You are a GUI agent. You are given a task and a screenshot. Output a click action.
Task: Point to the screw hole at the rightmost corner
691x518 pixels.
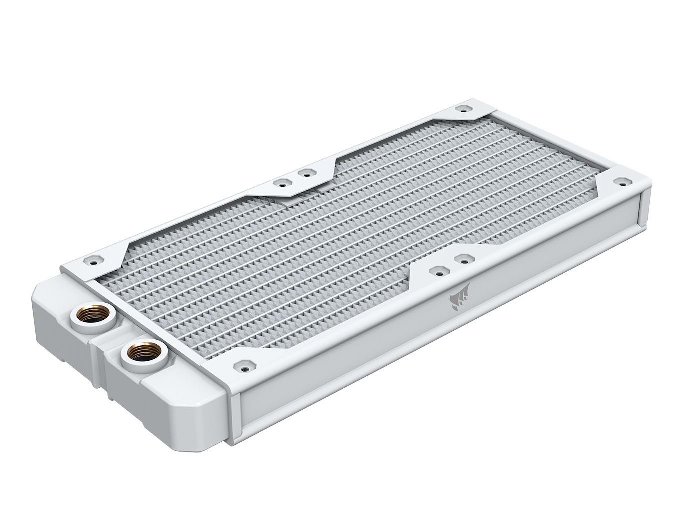(x=622, y=181)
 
